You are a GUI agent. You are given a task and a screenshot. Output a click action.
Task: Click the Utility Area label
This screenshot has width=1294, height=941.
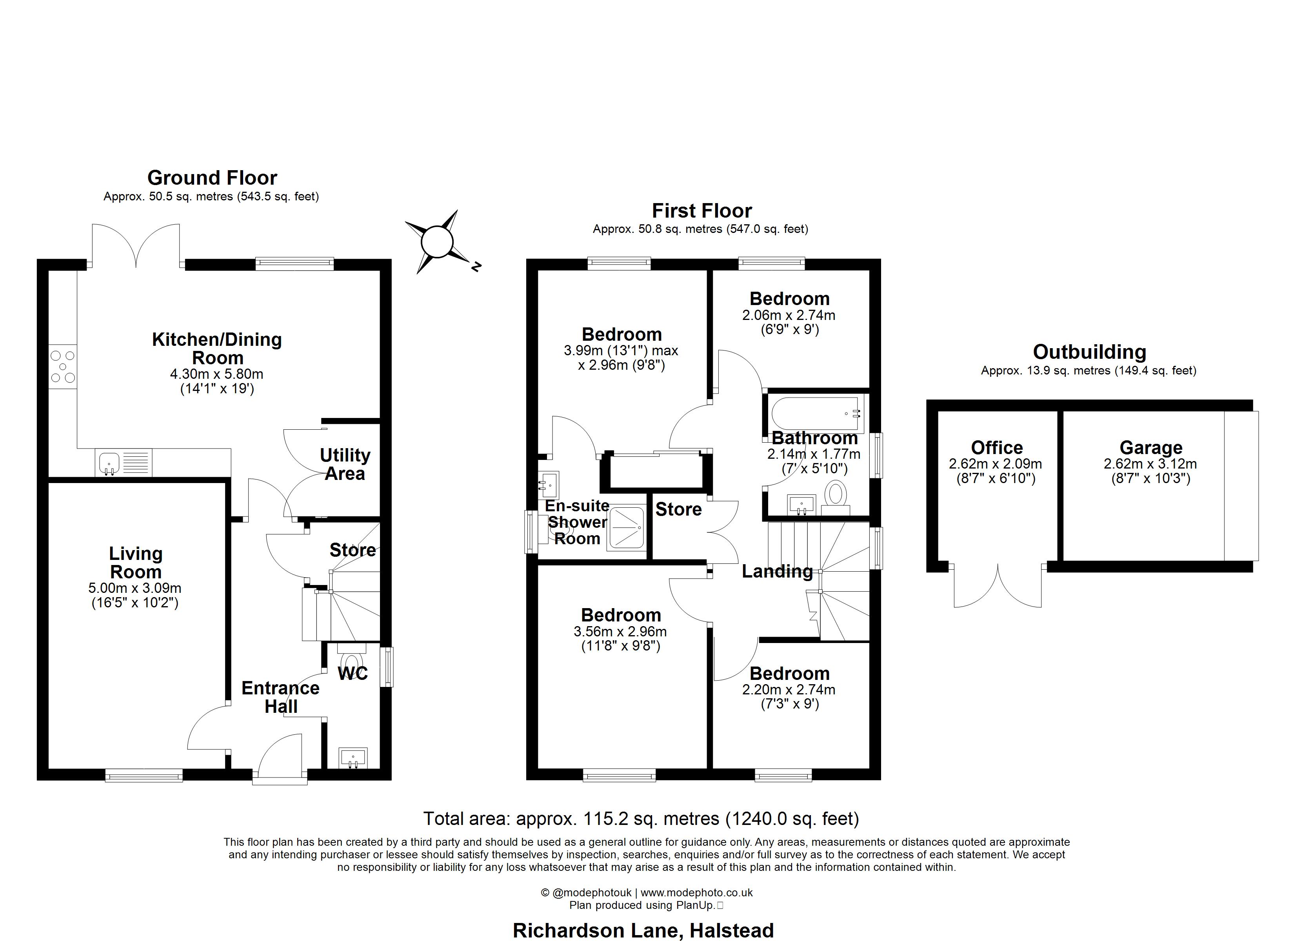pos(345,465)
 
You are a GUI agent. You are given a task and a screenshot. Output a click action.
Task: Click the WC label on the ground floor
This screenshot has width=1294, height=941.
pos(353,673)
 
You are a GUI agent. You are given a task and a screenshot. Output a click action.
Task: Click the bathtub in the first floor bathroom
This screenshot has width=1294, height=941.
pos(816,414)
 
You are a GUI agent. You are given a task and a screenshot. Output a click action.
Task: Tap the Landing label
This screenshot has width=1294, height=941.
pos(777,571)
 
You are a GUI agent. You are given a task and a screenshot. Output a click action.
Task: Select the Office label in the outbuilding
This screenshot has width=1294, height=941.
pos(997,447)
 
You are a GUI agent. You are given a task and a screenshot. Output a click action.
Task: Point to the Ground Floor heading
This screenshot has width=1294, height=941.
pos(212,178)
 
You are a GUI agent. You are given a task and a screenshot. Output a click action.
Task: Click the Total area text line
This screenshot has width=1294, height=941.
pos(641,819)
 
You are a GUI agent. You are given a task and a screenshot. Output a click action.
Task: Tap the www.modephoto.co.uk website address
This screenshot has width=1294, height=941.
pos(697,892)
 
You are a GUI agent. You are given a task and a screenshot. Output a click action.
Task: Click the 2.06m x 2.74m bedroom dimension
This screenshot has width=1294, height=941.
pos(789,315)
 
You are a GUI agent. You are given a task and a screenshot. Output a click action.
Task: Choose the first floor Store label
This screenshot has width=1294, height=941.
pos(678,509)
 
